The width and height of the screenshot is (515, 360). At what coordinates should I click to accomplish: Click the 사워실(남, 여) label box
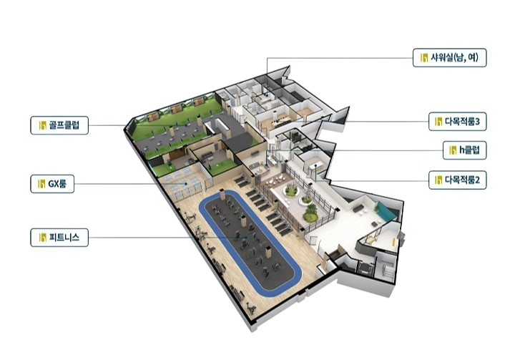click(x=449, y=58)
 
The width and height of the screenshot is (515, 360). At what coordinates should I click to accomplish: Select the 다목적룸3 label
click(x=458, y=122)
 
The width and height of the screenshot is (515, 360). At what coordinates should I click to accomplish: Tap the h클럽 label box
click(x=464, y=150)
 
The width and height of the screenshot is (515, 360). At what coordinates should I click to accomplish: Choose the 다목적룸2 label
click(x=458, y=180)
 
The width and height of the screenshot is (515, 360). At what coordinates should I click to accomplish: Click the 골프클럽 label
click(x=59, y=125)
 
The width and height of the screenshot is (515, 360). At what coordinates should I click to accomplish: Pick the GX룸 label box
click(x=52, y=184)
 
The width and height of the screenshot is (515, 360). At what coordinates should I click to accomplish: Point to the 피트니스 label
click(x=59, y=238)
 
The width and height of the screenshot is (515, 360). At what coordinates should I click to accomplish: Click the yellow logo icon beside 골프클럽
click(x=42, y=125)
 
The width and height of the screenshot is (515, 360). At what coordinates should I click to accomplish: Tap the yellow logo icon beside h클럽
click(x=453, y=150)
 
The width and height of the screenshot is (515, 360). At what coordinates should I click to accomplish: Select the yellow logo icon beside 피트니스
click(x=42, y=238)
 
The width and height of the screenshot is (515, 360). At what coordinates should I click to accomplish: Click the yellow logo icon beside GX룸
click(x=41, y=184)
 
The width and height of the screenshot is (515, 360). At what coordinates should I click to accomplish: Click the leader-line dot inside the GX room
click(x=186, y=184)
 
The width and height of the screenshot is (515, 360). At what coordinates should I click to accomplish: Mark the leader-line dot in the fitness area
click(x=246, y=238)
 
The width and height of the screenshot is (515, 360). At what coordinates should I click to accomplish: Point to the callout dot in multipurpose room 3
click(x=277, y=122)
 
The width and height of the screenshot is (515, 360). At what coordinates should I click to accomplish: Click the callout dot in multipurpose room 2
click(x=315, y=166)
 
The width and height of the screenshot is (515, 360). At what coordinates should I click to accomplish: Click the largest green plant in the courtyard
click(x=310, y=213)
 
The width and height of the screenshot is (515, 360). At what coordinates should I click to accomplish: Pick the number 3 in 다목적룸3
click(x=477, y=122)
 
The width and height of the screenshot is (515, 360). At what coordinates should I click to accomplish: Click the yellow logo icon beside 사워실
click(x=424, y=58)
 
